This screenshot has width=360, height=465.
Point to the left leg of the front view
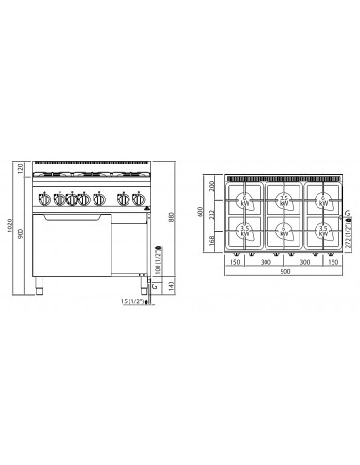click(x=39, y=281)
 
